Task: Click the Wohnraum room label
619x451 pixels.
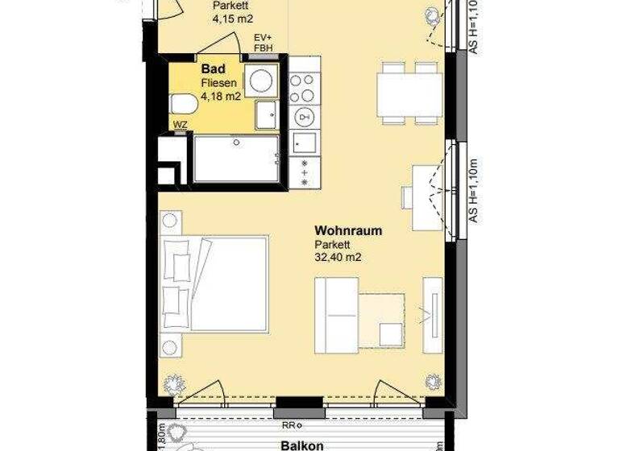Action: tap(348, 230)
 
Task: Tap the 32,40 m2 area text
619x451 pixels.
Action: tap(338, 259)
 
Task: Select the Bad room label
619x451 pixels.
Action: tap(212, 69)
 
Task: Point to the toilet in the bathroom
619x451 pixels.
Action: tap(182, 104)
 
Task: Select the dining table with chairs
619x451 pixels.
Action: tap(409, 93)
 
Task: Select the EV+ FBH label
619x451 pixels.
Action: tap(263, 43)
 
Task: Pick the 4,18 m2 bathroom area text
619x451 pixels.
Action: tap(221, 97)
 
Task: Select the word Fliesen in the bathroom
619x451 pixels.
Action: tap(217, 83)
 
